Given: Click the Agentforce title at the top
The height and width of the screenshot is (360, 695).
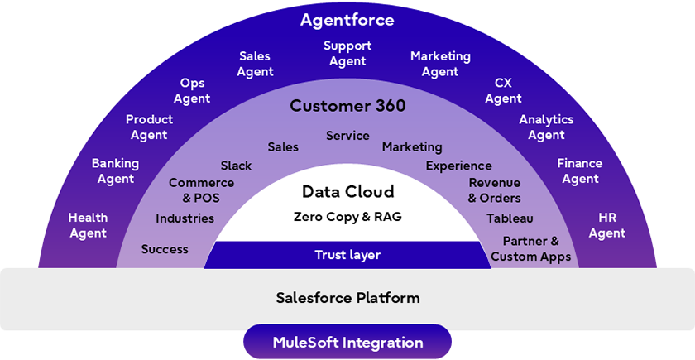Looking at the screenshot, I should [347, 19].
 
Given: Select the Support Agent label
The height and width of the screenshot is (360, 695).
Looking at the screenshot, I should [347, 54].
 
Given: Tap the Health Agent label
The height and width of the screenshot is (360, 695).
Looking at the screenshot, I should [88, 225].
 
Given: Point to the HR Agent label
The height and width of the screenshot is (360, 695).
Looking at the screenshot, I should [606, 225].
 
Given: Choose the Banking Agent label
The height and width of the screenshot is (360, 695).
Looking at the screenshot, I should [115, 171].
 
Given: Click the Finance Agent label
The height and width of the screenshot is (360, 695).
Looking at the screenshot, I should [579, 171].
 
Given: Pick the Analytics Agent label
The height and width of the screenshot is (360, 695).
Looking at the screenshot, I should [546, 127].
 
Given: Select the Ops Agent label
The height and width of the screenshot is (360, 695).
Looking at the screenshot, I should [192, 91].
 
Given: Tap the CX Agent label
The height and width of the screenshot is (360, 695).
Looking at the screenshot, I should [503, 91].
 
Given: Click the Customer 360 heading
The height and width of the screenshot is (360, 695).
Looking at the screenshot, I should [347, 106].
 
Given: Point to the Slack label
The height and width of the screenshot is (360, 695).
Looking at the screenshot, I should [236, 166].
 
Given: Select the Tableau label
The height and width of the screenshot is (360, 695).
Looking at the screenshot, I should [510, 218].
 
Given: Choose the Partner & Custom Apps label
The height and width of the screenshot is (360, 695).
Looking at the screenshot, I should [530, 249].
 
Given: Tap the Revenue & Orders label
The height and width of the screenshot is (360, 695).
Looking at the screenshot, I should [494, 190].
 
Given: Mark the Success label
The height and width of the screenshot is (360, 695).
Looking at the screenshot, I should [165, 249].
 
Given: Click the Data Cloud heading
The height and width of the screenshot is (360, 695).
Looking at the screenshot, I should [347, 192].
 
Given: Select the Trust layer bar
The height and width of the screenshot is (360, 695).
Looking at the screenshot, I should [347, 255].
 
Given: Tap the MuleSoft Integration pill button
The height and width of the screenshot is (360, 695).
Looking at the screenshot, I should [347, 342].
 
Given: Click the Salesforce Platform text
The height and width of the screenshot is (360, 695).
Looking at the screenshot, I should [347, 298].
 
